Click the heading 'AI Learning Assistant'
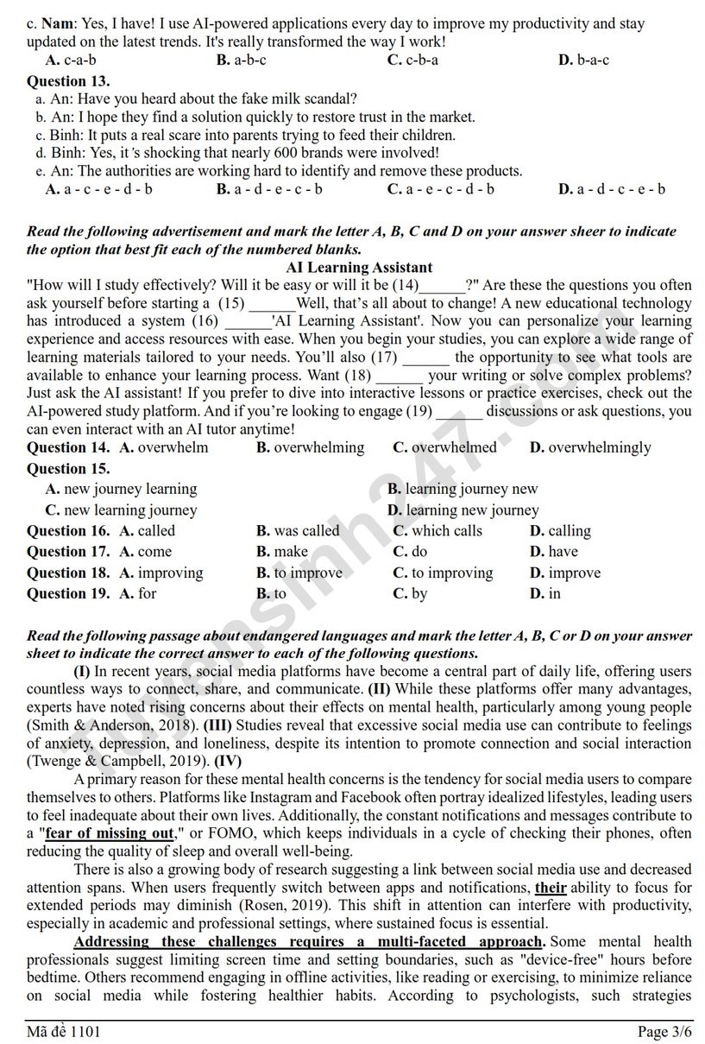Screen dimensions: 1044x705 [359, 268]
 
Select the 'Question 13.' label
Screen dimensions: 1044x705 [68, 81]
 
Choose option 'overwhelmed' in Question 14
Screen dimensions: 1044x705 [454, 447]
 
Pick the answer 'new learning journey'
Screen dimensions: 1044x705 [121, 509]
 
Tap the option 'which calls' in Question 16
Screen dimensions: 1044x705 [447, 531]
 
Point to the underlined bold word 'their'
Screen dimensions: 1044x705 [551, 887]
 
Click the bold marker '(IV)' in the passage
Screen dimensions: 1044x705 [228, 761]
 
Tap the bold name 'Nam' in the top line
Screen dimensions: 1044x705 [57, 24]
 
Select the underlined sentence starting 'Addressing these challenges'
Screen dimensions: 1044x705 [309, 941]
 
